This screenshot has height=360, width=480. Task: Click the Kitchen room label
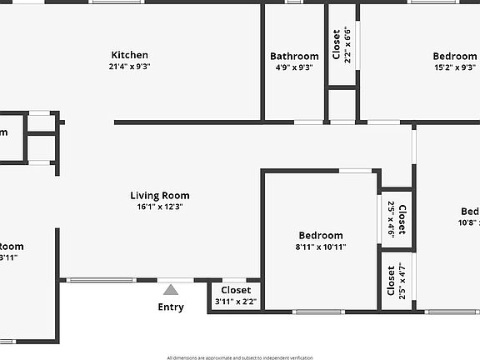coord(129,55)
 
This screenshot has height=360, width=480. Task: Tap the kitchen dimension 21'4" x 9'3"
coord(129,67)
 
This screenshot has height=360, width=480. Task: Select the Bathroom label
coord(294,57)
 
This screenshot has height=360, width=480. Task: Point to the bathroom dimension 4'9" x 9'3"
coord(294,68)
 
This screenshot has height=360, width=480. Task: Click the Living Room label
coord(160,196)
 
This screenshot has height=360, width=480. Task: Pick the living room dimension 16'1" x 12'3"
coord(160,207)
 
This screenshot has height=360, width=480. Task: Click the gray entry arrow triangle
coord(171,290)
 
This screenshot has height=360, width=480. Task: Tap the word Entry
coord(171,307)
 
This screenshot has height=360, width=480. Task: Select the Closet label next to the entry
coord(236,290)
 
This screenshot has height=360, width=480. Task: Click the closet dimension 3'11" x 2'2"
coord(236,301)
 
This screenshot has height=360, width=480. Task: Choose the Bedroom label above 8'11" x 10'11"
coord(320,236)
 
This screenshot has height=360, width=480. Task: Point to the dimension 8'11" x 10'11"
coord(320,247)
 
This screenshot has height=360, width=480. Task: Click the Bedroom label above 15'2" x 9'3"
coord(455,57)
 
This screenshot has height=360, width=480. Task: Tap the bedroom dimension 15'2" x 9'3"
coord(455,68)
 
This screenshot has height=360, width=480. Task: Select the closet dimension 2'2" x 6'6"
coord(347,45)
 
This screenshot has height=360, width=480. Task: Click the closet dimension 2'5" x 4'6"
coord(391,219)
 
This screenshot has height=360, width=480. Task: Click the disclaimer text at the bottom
coord(240,357)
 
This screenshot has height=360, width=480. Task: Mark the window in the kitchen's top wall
coord(117,2)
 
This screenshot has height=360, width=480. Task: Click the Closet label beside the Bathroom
coord(337,45)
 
